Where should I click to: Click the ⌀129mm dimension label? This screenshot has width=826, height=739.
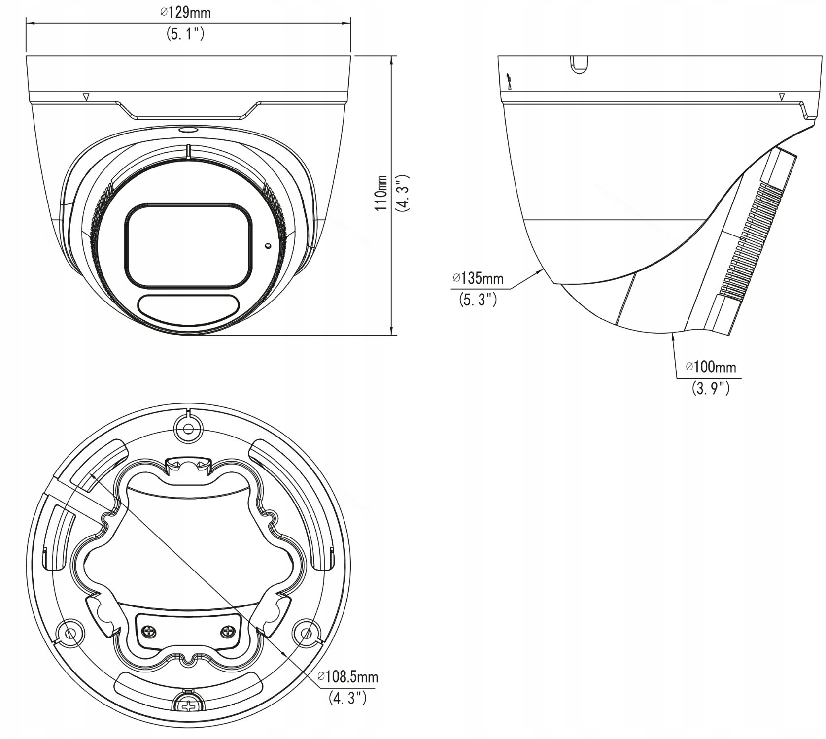click(185, 12)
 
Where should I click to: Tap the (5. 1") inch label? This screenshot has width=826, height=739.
click(185, 34)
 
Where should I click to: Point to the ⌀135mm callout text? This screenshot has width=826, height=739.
click(478, 278)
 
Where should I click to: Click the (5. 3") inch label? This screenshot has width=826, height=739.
click(478, 300)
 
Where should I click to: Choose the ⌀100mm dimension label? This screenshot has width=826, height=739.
click(711, 367)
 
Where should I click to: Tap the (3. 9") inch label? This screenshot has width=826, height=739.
click(710, 388)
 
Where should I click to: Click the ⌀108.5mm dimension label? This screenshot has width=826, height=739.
click(348, 676)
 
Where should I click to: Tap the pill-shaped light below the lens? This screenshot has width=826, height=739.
click(187, 307)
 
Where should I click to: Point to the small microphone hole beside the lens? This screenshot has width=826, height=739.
click(268, 245)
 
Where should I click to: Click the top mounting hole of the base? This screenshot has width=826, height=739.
click(188, 428)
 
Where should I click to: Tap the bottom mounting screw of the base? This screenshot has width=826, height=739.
click(189, 706)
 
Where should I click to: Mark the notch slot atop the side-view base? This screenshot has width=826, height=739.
click(580, 65)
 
